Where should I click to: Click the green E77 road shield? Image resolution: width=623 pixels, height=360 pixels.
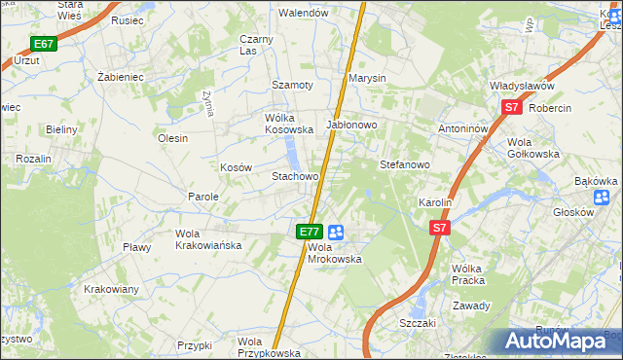pos(310,232)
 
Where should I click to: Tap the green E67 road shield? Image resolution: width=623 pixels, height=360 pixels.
pos(43,44)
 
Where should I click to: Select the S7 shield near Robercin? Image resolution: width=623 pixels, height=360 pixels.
pos(512,109)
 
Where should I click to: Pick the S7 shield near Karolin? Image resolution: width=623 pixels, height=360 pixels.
pos(440,228)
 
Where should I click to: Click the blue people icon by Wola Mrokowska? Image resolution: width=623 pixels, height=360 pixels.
pos(336,232)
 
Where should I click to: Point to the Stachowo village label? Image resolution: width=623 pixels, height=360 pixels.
pos(295,177)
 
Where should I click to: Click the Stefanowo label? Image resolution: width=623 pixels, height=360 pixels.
pos(405,165)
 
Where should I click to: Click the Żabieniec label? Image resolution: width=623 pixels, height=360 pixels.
pos(121,75)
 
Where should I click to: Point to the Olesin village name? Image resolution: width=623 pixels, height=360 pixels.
pos(172,138)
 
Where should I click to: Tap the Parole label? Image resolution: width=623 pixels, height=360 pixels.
pos(203,197)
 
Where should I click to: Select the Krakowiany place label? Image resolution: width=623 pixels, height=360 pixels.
pos(111,289)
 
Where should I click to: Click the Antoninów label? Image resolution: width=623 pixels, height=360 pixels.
pos(462,127)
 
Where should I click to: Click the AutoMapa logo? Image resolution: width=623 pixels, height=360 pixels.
pos(559,342)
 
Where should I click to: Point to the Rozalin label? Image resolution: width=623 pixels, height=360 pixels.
pos(32,158)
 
